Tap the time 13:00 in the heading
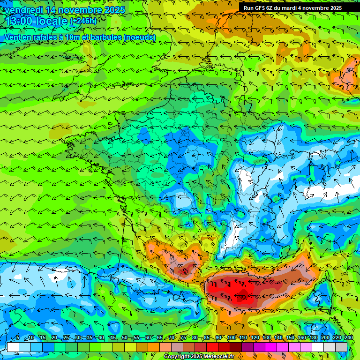tap(20, 21)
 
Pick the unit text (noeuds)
tap(140, 37)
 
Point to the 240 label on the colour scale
tap(349, 337)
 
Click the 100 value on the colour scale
tap(232, 337)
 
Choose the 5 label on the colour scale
tap(18, 337)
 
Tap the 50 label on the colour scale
tap(124, 337)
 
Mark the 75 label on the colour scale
tap(183, 337)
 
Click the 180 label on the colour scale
tap(314, 337)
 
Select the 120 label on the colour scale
tap(255, 337)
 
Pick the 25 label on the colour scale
tap(66, 337)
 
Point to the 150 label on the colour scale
tap(290, 337)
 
